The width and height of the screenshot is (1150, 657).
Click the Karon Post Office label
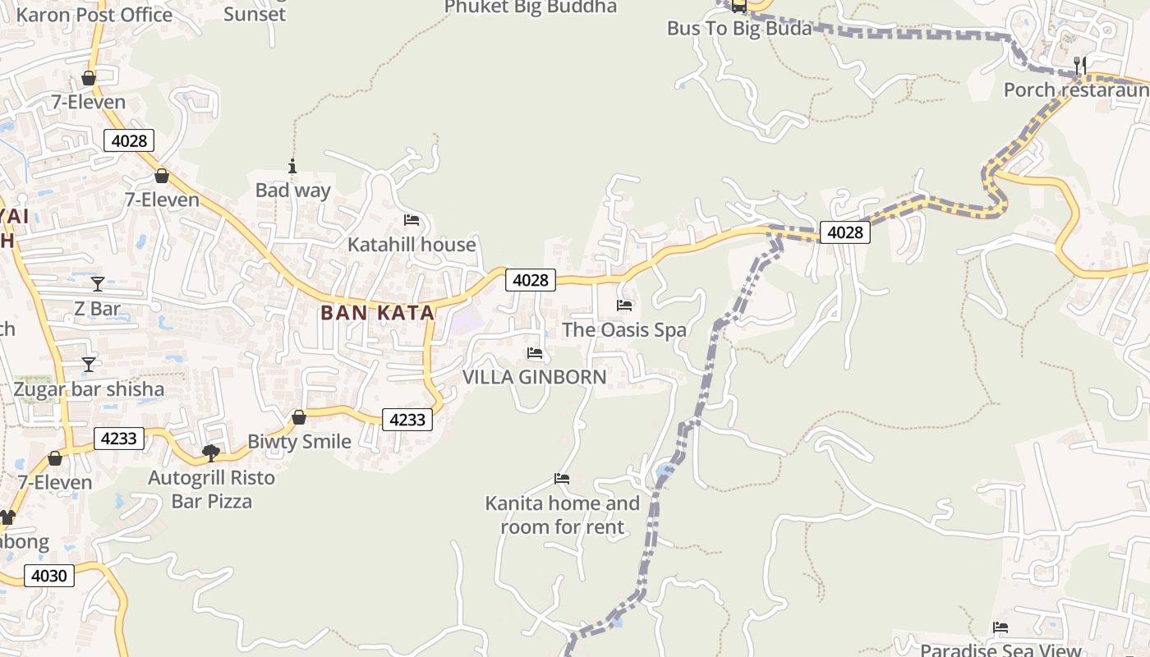pos(94,15)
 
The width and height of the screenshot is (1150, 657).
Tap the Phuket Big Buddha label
pos(530,7)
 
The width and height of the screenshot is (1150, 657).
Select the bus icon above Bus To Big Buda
pos(738,6)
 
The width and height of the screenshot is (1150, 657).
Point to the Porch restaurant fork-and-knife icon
pos(1079,64)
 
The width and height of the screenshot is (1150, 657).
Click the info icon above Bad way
pos(292,166)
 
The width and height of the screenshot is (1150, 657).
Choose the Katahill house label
pos(412,245)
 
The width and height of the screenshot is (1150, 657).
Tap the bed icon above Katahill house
pos(412,220)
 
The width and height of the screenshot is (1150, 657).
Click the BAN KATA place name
pos(377,313)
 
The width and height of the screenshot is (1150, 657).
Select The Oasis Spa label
pos(624,330)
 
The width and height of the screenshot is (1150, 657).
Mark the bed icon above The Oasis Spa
pos(624,306)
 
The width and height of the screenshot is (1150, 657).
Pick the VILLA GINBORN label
pos(535,377)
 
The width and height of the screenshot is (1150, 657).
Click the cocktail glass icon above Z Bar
pos(98,284)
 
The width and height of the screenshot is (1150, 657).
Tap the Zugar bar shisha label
pos(89,389)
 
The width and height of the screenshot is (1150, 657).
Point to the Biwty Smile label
pos(299,442)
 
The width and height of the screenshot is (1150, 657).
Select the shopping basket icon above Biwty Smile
pos(299,417)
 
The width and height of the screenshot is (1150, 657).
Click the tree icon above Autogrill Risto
pos(211,453)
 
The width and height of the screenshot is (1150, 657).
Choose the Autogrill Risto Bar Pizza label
pos(212,489)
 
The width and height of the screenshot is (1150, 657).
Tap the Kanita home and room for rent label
pos(563,515)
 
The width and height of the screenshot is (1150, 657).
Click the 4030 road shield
pos(48,576)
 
